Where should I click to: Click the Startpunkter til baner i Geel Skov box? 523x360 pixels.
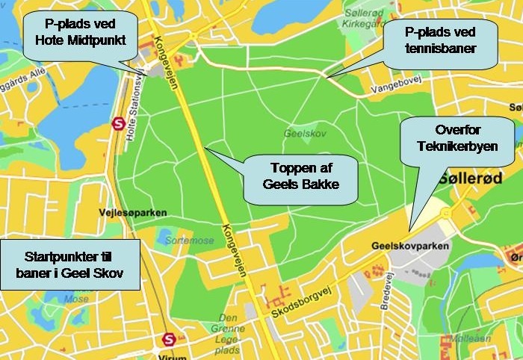click(69, 264)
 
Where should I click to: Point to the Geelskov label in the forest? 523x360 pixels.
click(302, 134)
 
